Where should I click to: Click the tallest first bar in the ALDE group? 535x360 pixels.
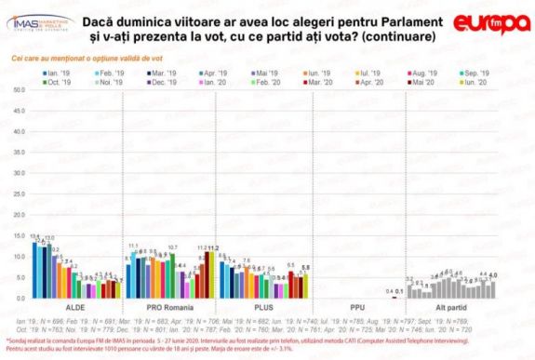pos(35,270)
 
